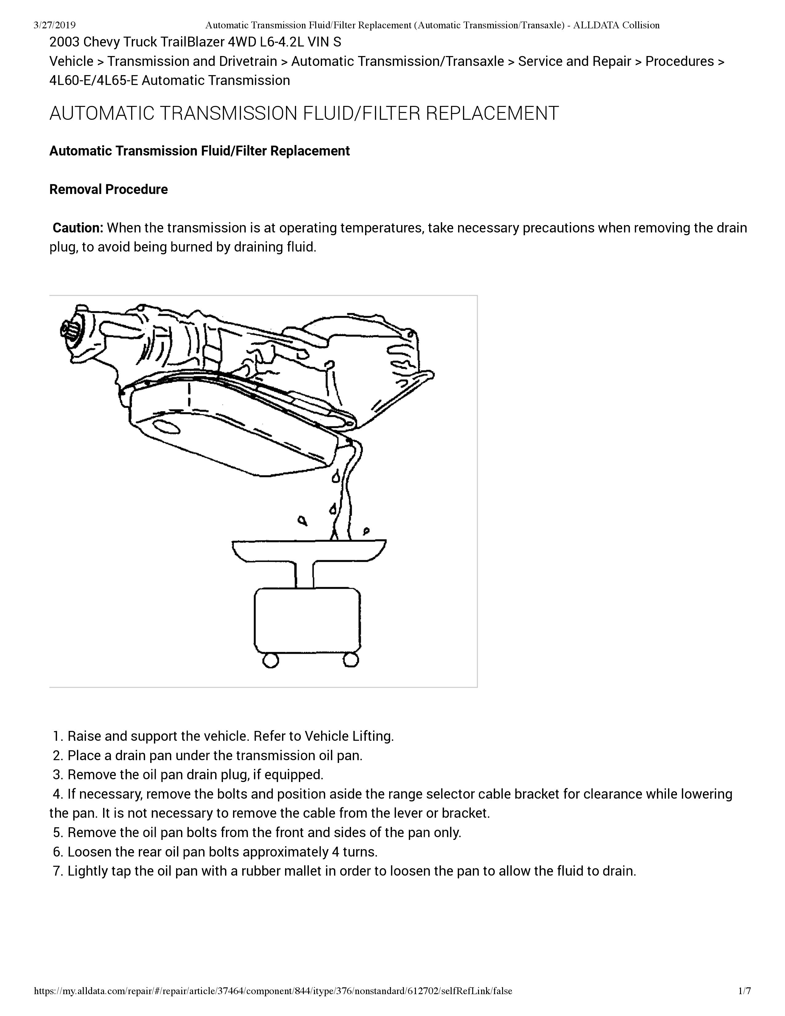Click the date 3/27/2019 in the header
[55, 25]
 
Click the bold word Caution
[77, 228]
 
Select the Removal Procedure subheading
[108, 189]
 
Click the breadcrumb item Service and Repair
[574, 61]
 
